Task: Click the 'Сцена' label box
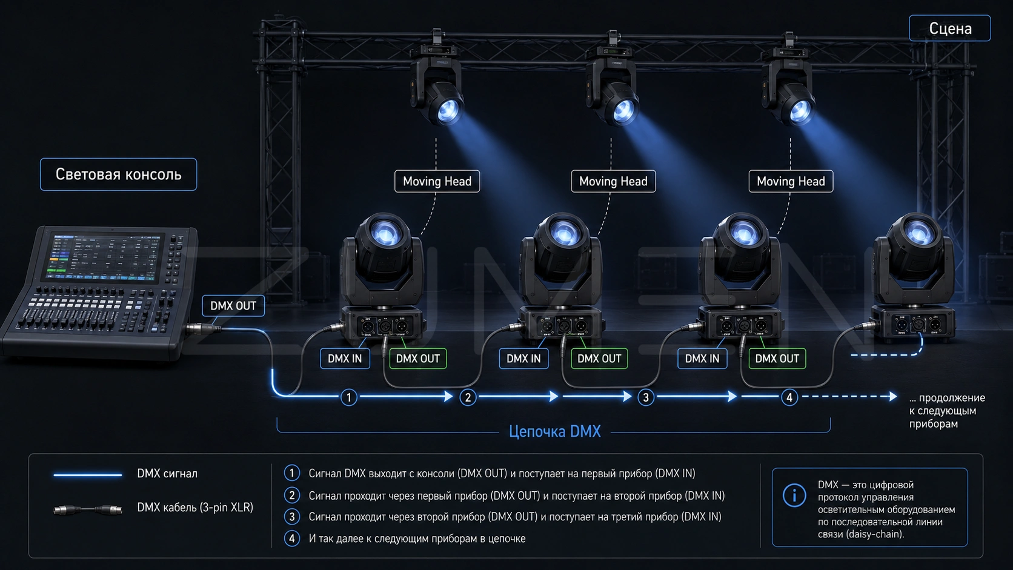tap(950, 28)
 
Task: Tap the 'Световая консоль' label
tap(119, 174)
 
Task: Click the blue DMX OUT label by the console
tap(233, 306)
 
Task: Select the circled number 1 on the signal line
tap(348, 397)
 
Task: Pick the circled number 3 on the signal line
tap(646, 397)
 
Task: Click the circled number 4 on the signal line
tap(789, 397)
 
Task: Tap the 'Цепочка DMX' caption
tap(555, 431)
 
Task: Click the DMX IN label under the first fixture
tap(345, 359)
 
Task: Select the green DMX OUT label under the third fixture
tap(777, 359)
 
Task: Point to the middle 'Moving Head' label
tap(613, 181)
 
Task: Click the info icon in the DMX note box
tap(794, 495)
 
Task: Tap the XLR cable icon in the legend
tap(88, 509)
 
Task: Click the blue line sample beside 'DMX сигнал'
tap(88, 475)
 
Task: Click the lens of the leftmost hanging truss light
tap(448, 110)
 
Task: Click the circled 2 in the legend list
tap(291, 495)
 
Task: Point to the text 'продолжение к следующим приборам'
tap(947, 411)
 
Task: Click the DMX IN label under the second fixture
tap(523, 359)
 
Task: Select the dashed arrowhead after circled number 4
tap(893, 396)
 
